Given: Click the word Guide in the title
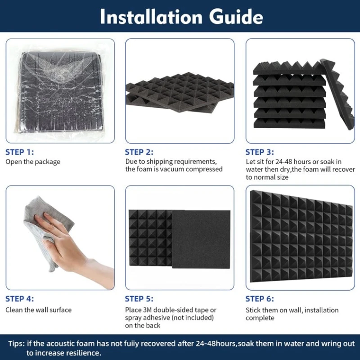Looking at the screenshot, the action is (236, 17).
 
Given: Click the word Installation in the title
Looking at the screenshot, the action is (151, 17).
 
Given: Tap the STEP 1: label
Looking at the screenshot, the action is (20, 152).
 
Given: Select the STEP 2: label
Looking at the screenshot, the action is (139, 152).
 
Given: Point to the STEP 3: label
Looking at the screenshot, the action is (260, 152).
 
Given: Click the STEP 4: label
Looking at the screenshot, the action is (20, 299).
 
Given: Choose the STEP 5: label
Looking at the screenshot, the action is (139, 299).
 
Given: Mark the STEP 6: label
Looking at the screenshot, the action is (260, 299).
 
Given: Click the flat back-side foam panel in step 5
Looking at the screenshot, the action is (201, 239).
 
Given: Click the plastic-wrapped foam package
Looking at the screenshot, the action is (60, 92).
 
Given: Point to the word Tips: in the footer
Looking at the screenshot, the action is (16, 344).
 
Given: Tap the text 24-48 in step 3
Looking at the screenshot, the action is (284, 162).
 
